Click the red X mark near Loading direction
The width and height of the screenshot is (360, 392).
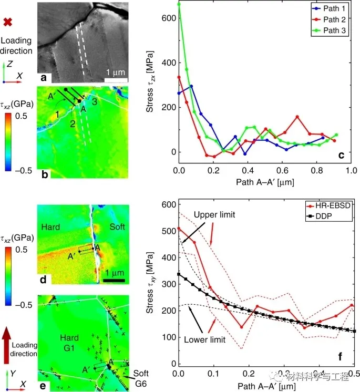point(8,22)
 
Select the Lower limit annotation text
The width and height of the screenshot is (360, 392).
point(204,340)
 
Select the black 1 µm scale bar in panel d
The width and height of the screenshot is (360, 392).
point(114,280)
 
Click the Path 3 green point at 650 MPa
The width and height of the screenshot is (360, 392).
point(179,4)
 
